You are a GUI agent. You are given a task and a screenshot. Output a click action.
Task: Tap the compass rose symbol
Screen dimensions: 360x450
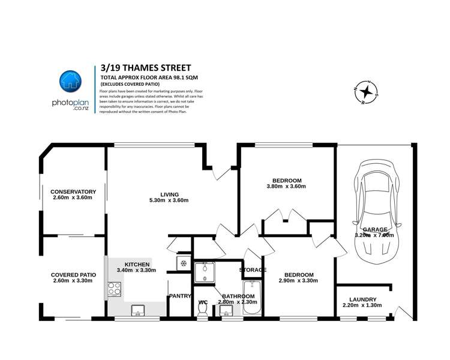pyautogui.click(x=366, y=91)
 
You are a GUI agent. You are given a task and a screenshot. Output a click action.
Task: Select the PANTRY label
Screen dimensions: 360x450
pyautogui.click(x=179, y=296)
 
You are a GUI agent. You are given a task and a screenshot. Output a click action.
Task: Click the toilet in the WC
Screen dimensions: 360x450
pyautogui.click(x=203, y=308)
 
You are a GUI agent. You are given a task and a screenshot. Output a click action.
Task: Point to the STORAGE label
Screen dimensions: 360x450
pyautogui.click(x=253, y=270)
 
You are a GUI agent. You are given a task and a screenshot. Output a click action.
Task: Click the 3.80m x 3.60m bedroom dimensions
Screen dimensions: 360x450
pyautogui.click(x=286, y=187)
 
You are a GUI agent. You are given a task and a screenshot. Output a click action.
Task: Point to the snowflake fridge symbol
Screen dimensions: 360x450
pyautogui.click(x=182, y=263)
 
